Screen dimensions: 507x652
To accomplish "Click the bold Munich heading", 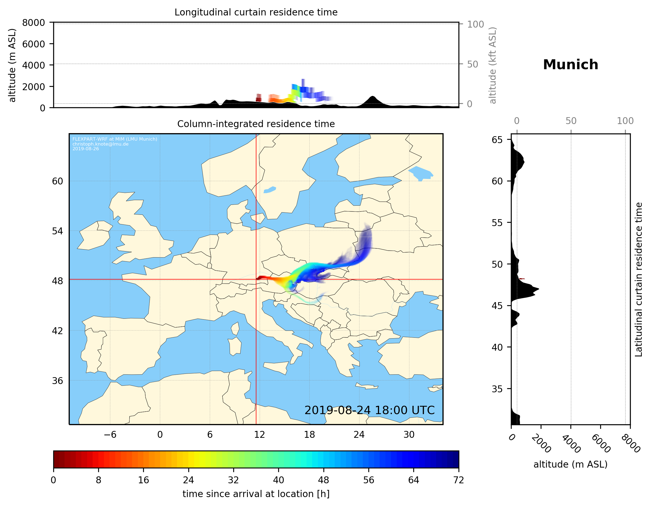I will (x=570, y=65).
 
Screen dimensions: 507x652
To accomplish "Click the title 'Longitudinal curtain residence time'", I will (x=256, y=12).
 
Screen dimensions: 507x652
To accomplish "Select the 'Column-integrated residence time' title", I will (x=256, y=124).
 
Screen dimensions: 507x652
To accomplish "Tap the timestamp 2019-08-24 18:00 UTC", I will (x=369, y=410).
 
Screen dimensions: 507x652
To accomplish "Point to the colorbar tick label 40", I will (x=278, y=480).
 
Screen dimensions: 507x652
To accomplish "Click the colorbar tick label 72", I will (x=458, y=480).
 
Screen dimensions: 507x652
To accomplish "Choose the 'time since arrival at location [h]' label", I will (x=256, y=494).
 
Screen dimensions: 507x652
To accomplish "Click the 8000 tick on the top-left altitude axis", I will (x=33, y=23).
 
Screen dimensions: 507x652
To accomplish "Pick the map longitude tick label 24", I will (x=359, y=434).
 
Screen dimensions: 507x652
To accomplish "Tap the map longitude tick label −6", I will (x=110, y=434).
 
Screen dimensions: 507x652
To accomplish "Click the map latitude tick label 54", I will (x=57, y=231).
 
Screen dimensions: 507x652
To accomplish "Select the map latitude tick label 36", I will (x=57, y=381).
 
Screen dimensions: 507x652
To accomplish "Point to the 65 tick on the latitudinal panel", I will (x=497, y=140).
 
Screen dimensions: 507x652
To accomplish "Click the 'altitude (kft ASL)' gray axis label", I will (x=493, y=65).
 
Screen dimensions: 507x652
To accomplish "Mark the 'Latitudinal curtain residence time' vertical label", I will (x=638, y=279).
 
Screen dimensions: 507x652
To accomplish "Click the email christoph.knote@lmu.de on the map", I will (x=100, y=144).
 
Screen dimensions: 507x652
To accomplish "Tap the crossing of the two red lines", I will (x=256, y=280).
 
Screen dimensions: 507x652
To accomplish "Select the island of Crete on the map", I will (x=367, y=386).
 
